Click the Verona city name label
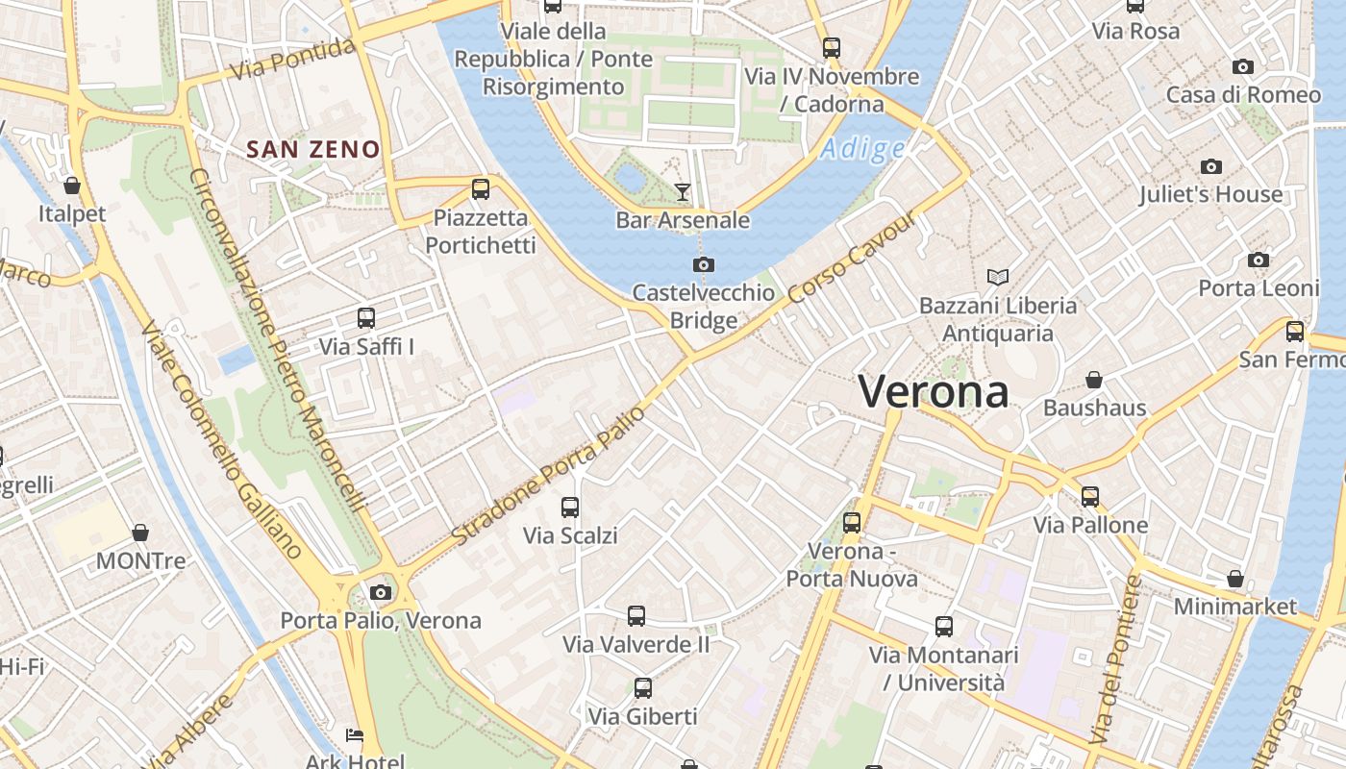coord(934,392)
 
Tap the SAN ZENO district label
coord(313,150)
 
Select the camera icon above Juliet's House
coord(1211,166)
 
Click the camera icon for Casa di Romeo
coord(1243,66)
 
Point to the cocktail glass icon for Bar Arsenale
coord(683,192)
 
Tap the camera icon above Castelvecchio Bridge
coord(704,264)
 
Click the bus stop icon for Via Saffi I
coord(366,318)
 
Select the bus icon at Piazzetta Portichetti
coord(481,189)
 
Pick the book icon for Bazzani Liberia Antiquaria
coord(998,278)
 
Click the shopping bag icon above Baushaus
coord(1094,380)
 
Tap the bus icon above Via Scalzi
coord(570,507)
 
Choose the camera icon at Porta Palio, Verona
coord(381,592)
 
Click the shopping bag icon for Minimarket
coord(1235,579)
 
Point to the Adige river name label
coord(862,149)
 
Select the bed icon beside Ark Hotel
coord(355,736)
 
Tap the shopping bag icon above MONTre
coord(140,532)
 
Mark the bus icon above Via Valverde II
coord(636,616)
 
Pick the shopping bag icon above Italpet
coord(72,185)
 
